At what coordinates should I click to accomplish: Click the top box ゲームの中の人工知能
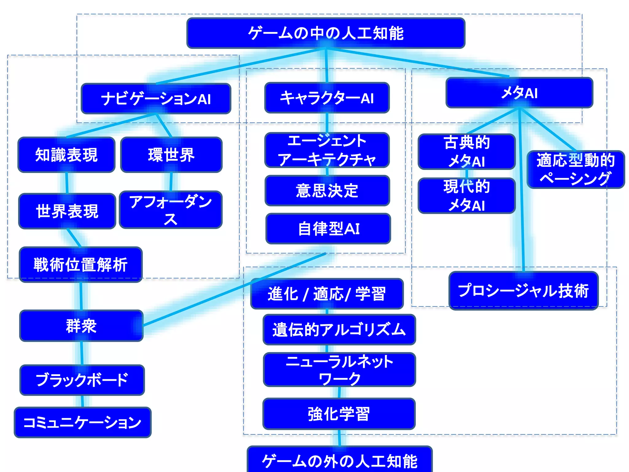click(x=326, y=33)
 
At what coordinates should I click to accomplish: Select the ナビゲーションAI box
click(x=156, y=99)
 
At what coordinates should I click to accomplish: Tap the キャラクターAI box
click(x=327, y=98)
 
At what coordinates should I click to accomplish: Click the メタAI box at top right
click(x=519, y=92)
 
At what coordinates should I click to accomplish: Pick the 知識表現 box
click(x=66, y=155)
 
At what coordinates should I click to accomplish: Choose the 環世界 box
click(x=171, y=155)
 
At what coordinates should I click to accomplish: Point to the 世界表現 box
click(x=67, y=211)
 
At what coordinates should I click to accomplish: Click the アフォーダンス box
click(x=170, y=210)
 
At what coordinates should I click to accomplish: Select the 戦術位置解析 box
click(x=80, y=265)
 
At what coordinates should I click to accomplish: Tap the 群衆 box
click(x=81, y=326)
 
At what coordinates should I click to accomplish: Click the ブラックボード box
click(x=82, y=380)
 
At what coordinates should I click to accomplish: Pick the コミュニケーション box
click(x=82, y=422)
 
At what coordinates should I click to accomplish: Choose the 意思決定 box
click(x=327, y=191)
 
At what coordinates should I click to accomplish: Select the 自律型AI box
click(x=328, y=229)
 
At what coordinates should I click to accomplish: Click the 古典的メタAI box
click(x=466, y=151)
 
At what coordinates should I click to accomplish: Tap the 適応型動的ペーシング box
click(x=576, y=169)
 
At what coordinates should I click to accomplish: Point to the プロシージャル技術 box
click(x=523, y=291)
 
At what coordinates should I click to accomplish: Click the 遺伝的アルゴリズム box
click(x=339, y=329)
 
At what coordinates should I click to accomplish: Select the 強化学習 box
click(x=339, y=414)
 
